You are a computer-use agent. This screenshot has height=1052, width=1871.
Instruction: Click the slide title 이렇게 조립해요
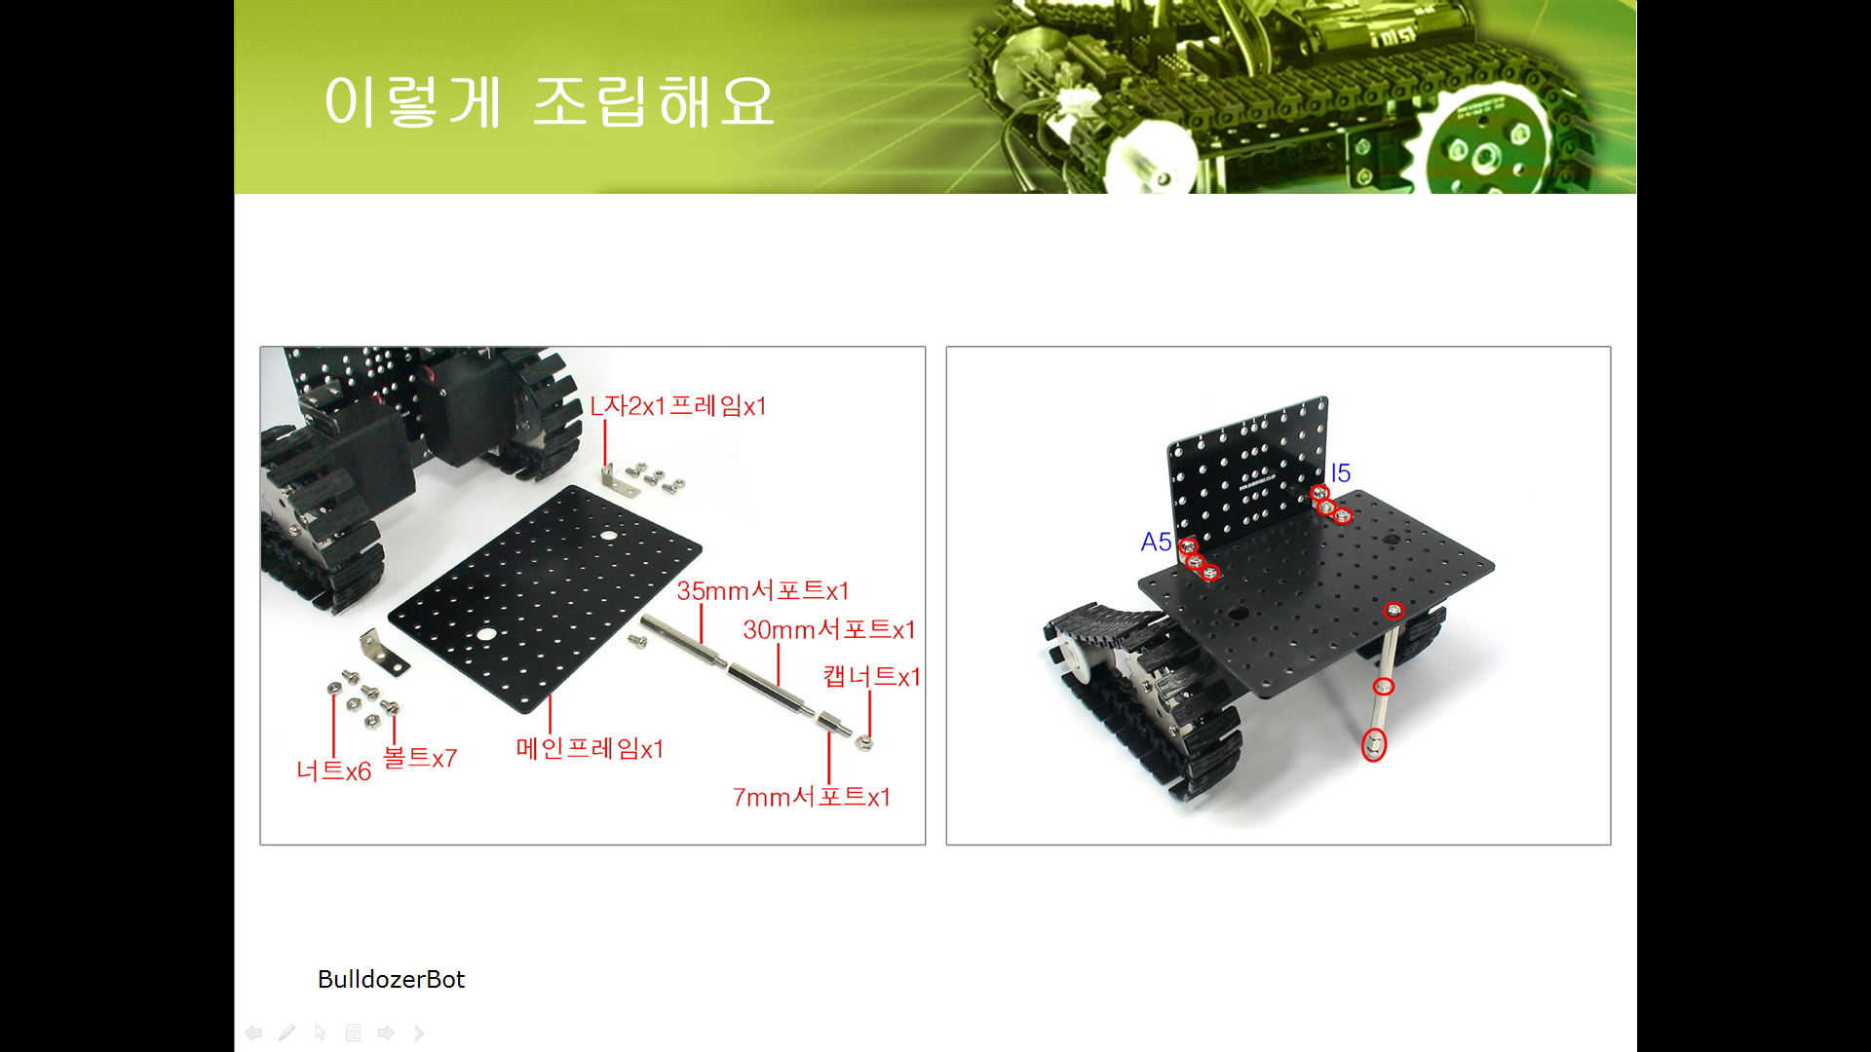pos(549,101)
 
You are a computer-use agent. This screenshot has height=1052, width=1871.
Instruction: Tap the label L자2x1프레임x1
pos(678,405)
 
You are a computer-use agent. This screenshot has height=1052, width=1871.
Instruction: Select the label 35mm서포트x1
pos(763,590)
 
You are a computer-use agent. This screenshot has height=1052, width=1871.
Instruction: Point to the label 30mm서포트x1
pos(829,629)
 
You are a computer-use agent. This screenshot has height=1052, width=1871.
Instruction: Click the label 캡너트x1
pos(871,676)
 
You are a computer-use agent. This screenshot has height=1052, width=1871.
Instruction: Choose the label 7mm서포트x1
pos(812,797)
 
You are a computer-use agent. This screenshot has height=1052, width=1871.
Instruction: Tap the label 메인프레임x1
pos(590,748)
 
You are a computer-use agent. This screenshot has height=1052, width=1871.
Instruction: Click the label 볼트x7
pos(420,758)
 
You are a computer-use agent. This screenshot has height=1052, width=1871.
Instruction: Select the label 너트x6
pos(334,770)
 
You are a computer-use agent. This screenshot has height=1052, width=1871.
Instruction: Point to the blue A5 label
pos(1156,542)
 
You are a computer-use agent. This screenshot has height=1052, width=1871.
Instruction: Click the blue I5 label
pos(1341,473)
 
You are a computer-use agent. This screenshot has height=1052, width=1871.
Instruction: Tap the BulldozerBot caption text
pos(391,979)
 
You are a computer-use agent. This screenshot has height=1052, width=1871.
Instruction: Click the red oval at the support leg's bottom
pos(1373,745)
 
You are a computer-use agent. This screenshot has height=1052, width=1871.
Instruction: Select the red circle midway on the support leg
pos(1383,687)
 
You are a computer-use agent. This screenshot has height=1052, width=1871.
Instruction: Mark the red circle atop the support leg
pos(1394,611)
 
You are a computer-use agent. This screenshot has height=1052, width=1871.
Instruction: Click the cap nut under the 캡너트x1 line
pos(863,743)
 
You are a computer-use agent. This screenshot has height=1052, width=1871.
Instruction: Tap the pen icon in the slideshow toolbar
pos(286,1033)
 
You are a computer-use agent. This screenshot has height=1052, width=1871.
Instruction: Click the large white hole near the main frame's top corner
pos(608,536)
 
